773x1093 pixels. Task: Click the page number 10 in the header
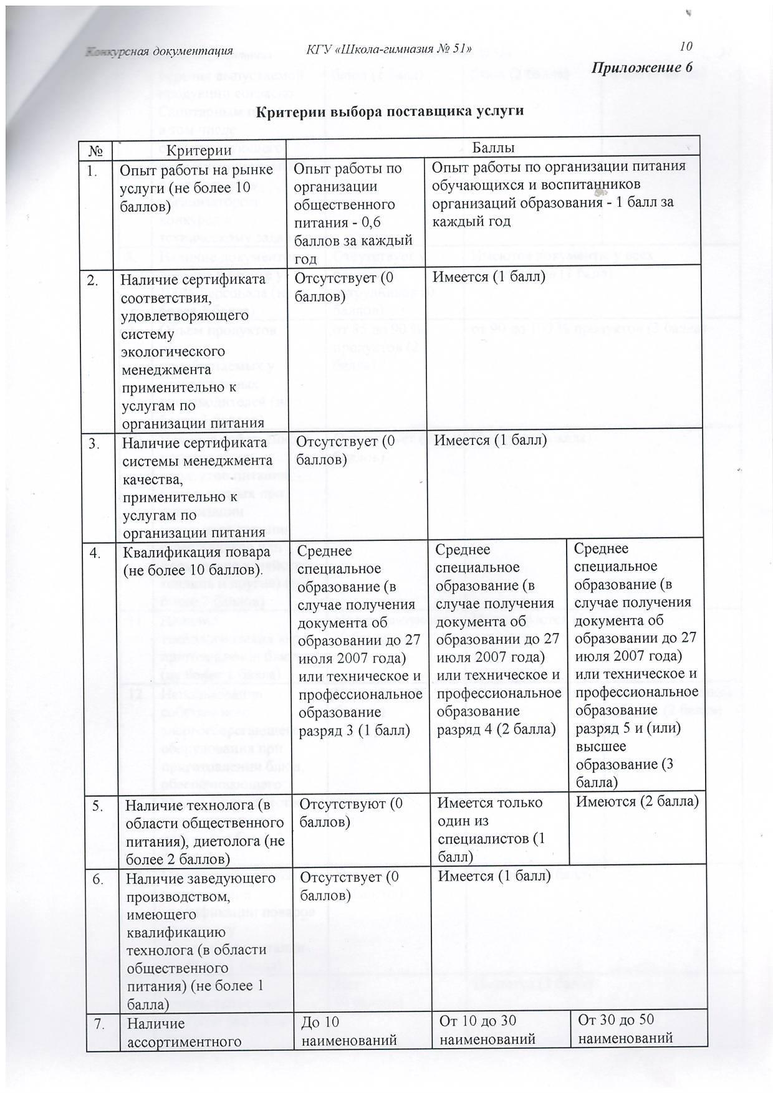(x=686, y=46)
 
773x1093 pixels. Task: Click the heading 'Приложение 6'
(x=642, y=67)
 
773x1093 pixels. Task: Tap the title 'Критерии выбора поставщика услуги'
(x=390, y=112)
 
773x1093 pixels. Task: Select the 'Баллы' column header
(x=492, y=148)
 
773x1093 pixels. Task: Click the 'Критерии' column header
(x=199, y=150)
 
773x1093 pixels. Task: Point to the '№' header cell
(x=97, y=150)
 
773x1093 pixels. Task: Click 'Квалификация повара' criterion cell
(x=196, y=561)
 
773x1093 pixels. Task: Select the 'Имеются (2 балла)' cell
(x=636, y=802)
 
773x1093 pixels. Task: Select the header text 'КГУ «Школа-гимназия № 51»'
(x=389, y=49)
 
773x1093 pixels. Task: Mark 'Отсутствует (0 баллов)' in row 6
(x=348, y=885)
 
